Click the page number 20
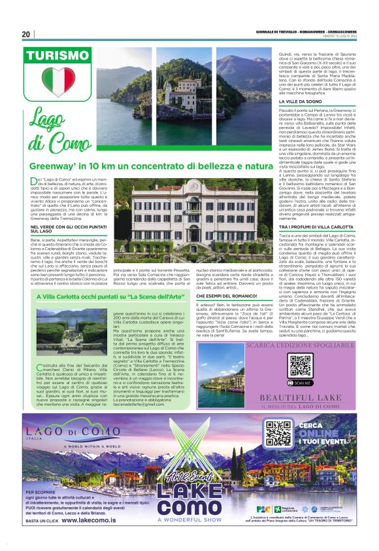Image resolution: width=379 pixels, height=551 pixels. coord(26,34)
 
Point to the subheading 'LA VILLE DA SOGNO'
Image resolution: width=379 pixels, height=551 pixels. coord(301,102)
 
